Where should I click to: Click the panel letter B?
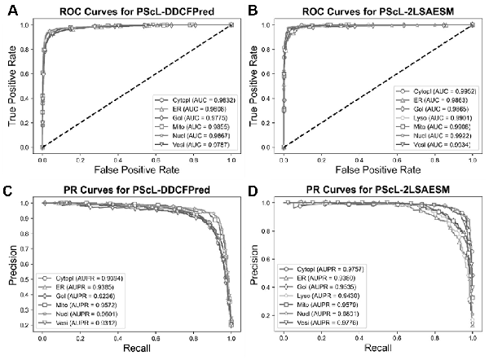click(252, 10)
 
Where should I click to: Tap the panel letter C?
click(9, 192)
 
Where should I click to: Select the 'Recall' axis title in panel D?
click(376, 353)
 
